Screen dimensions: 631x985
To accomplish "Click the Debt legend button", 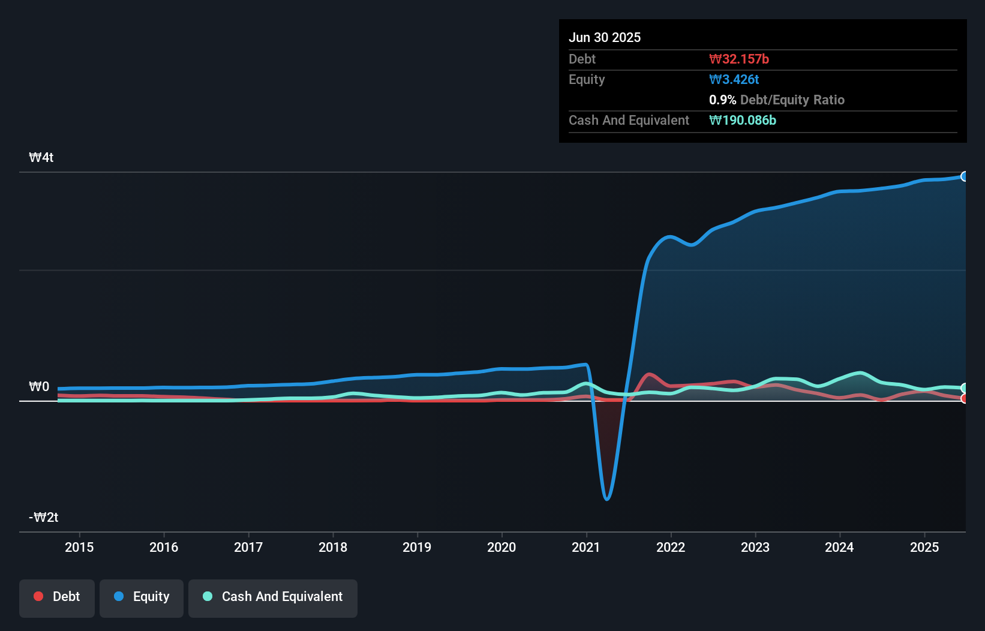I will pyautogui.click(x=57, y=597).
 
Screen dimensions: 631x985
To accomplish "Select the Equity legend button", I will pyautogui.click(x=142, y=597).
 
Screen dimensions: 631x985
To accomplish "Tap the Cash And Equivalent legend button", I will pyautogui.click(x=273, y=597).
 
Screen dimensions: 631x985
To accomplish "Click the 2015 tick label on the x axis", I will pyautogui.click(x=79, y=548).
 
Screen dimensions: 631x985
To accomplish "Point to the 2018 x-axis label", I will pyautogui.click(x=333, y=548).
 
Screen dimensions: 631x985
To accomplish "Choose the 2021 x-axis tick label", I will pyautogui.click(x=586, y=548).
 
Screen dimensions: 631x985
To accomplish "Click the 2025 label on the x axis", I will pyautogui.click(x=924, y=548).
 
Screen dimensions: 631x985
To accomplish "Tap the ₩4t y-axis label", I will pyautogui.click(x=41, y=158).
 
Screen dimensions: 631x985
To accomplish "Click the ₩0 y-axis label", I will pyautogui.click(x=39, y=387).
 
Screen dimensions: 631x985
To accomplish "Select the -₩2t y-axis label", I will pyautogui.click(x=44, y=518).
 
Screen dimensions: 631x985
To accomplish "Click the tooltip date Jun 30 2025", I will pyautogui.click(x=605, y=38).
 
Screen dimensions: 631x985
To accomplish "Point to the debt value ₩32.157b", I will pyautogui.click(x=739, y=59).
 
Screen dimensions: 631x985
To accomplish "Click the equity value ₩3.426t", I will pyautogui.click(x=734, y=80).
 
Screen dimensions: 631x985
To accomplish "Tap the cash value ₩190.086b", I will pyautogui.click(x=743, y=121).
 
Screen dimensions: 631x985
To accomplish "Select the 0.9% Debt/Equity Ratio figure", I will pyautogui.click(x=776, y=100).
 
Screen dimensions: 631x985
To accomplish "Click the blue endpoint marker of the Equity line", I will pyautogui.click(x=965, y=176).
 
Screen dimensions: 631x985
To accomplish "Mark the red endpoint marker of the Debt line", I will pyautogui.click(x=965, y=398).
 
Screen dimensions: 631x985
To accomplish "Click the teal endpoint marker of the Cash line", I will pyautogui.click(x=965, y=388).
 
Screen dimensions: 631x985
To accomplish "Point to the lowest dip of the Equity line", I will pyautogui.click(x=607, y=498).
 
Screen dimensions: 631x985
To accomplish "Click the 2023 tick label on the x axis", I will pyautogui.click(x=755, y=548).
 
